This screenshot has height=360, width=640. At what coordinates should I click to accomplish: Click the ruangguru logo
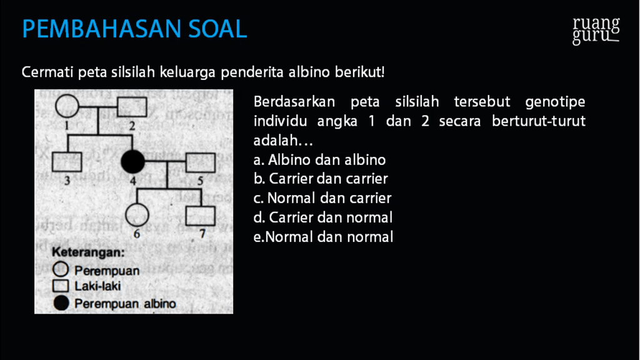pyautogui.click(x=596, y=31)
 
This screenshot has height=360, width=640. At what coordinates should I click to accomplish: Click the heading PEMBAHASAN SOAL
pyautogui.click(x=134, y=29)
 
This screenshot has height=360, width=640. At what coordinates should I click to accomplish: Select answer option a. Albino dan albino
pyautogui.click(x=320, y=159)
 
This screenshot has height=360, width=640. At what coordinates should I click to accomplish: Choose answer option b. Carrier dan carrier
pyautogui.click(x=321, y=179)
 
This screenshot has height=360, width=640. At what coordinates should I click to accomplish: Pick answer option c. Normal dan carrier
pyautogui.click(x=323, y=198)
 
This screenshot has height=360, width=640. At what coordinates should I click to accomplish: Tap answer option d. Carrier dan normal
pyautogui.click(x=324, y=217)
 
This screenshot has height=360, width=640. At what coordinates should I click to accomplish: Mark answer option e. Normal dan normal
pyautogui.click(x=324, y=237)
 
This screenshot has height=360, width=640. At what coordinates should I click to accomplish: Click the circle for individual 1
pyautogui.click(x=66, y=107)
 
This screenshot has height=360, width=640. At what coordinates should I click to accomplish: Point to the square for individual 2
pyautogui.click(x=132, y=107)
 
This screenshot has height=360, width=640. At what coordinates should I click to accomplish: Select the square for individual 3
pyautogui.click(x=67, y=162)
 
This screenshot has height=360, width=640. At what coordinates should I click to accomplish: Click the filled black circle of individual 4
pyautogui.click(x=132, y=162)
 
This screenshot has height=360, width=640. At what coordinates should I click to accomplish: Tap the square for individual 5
pyautogui.click(x=200, y=162)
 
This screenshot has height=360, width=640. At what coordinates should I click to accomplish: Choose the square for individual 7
pyautogui.click(x=201, y=216)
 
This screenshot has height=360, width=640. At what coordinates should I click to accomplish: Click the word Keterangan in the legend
pyautogui.click(x=87, y=253)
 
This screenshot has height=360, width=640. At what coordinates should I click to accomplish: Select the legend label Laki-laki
pyautogui.click(x=98, y=287)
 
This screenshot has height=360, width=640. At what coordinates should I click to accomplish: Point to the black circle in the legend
pyautogui.click(x=61, y=304)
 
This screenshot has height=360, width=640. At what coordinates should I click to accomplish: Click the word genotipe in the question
pyautogui.click(x=555, y=101)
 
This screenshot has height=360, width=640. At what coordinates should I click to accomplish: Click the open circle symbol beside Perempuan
pyautogui.click(x=61, y=271)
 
